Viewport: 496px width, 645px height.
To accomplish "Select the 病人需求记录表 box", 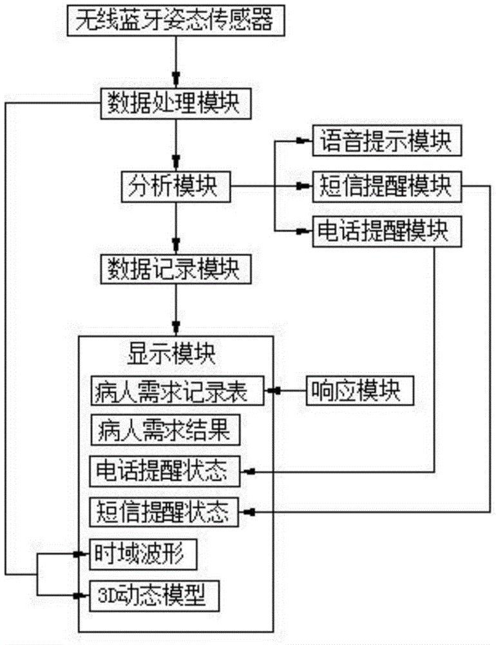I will [x=178, y=391].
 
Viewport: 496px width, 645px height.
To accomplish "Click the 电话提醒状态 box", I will [x=164, y=471].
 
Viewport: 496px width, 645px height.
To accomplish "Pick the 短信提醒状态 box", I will [x=164, y=512].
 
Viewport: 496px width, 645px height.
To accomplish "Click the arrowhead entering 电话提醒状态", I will [x=251, y=472].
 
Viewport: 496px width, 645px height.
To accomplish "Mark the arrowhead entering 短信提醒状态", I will [x=251, y=513].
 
